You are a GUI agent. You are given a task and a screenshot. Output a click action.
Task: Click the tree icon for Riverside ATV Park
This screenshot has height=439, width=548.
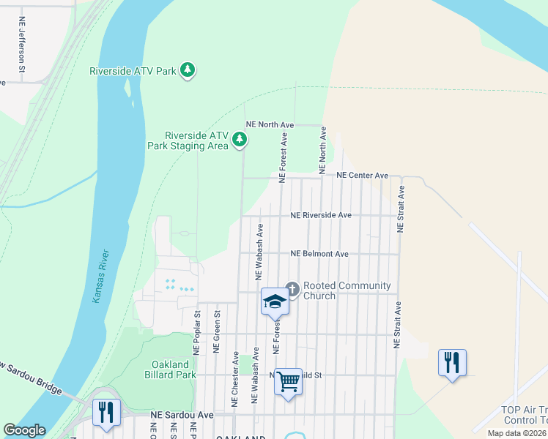[188, 70]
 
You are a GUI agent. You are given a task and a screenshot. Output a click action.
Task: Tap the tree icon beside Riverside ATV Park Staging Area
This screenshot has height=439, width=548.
[239, 139]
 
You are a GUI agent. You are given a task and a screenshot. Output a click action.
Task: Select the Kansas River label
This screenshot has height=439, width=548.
[101, 276]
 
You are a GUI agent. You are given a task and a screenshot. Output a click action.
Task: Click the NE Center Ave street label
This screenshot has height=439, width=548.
[362, 176]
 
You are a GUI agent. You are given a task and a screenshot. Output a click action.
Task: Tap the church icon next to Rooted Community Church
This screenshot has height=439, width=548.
[292, 290]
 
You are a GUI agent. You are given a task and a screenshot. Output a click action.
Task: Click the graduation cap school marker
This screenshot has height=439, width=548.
[274, 301]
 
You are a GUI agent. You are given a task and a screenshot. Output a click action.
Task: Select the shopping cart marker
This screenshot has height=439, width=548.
[288, 380]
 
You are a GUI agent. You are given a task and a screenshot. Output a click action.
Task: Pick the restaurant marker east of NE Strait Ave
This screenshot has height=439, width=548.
[451, 362]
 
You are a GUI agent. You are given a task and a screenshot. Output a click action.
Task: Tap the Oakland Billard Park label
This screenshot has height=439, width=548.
[173, 369]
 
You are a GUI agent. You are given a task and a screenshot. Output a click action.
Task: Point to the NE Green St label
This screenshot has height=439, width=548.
[217, 331]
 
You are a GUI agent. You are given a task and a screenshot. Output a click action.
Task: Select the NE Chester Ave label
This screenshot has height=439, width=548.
[235, 379]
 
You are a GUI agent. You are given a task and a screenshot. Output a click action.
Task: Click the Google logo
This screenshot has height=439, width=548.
[24, 430]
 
